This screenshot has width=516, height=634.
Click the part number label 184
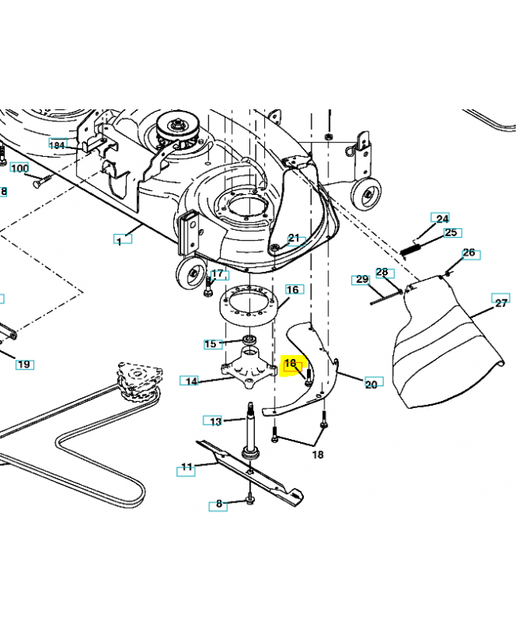point(57,145)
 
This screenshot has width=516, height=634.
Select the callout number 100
point(19,169)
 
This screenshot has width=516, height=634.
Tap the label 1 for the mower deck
point(119,241)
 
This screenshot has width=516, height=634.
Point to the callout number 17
point(218,275)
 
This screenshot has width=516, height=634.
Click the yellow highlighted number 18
point(290,364)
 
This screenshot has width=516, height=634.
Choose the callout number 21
point(294,238)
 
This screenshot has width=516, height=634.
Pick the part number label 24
point(442,219)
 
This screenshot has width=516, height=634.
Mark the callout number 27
point(500,303)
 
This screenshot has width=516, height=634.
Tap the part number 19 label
point(24,364)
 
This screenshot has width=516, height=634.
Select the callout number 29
point(362,280)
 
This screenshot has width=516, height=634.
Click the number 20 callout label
point(371,384)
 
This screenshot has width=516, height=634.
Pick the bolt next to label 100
point(43,181)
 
